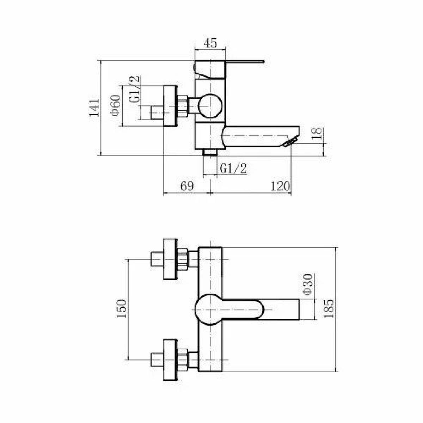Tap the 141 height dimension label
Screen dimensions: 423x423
click(x=94, y=108)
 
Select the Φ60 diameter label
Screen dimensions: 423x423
click(x=116, y=105)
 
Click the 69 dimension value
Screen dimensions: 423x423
click(x=187, y=186)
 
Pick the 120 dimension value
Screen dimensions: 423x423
click(x=281, y=186)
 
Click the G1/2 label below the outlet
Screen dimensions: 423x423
click(x=233, y=169)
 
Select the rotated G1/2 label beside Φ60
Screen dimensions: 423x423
click(x=134, y=89)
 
